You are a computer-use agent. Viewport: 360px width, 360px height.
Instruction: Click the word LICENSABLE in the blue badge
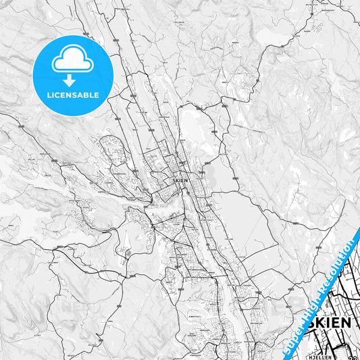(x=72, y=95)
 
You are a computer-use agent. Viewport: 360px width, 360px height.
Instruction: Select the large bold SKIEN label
(x=330, y=322)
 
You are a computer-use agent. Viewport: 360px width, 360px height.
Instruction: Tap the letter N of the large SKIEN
(x=346, y=322)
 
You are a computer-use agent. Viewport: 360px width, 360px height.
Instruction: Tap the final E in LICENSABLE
(x=97, y=95)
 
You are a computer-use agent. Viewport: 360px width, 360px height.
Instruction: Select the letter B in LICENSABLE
(x=86, y=95)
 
